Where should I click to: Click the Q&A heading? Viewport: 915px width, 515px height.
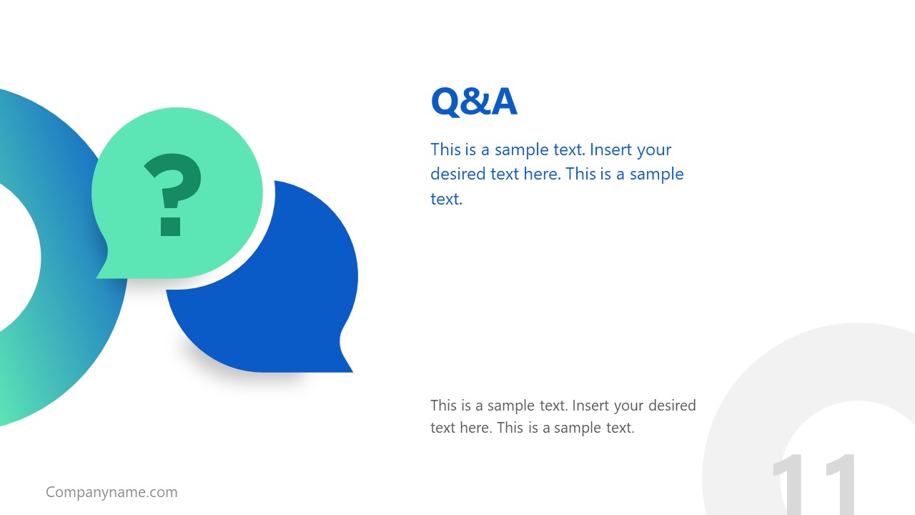tap(473, 102)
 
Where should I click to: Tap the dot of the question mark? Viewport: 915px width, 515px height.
tap(171, 226)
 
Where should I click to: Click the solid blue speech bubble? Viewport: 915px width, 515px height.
tap(286, 300)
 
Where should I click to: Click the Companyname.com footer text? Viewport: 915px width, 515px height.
tap(112, 492)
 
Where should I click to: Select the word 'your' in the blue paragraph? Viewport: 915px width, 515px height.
tap(653, 149)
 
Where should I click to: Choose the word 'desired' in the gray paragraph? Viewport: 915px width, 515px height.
tap(672, 406)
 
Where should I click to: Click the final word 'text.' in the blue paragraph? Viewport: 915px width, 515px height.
tap(446, 199)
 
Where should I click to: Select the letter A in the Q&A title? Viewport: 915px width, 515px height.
tap(504, 102)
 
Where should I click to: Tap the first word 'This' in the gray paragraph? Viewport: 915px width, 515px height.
tap(444, 406)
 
